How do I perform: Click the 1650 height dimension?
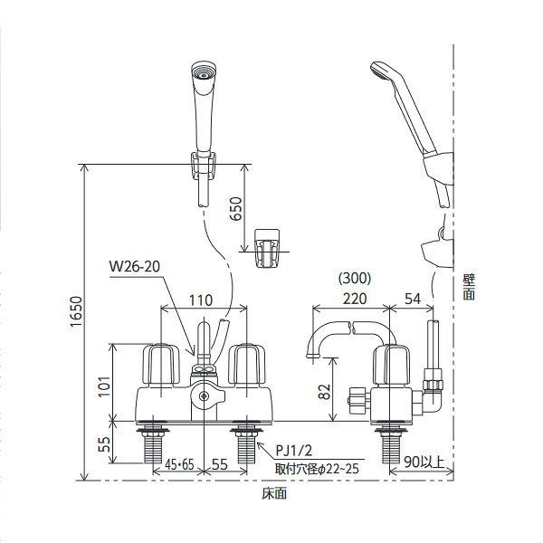(76, 311)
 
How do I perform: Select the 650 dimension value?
(236, 208)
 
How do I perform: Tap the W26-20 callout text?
(135, 267)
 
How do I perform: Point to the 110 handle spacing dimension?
(201, 300)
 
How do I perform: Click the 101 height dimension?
(104, 386)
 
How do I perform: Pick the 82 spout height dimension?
(325, 392)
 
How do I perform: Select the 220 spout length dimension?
(355, 299)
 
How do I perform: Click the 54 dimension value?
(413, 299)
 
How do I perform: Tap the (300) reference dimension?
(355, 278)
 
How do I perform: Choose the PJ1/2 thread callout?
(293, 451)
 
